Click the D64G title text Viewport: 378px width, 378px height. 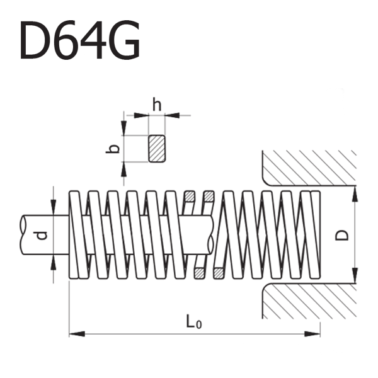pos(80,40)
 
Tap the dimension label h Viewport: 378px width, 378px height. pos(157,105)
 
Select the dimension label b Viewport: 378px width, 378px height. pos(113,149)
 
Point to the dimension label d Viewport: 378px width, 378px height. pos(42,236)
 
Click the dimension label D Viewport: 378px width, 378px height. pos(342,235)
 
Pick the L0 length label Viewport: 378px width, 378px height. pos(194,322)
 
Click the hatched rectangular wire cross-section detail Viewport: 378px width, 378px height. pos(157,149)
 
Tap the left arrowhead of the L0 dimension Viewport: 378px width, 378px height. pos(77,334)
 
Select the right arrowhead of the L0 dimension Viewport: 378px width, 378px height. pos(312,334)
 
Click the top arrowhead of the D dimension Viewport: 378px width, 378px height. pos(355,193)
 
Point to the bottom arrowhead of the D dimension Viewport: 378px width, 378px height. pos(355,275)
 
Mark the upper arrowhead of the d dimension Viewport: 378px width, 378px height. pos(54,207)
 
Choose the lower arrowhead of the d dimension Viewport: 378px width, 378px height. pos(54,262)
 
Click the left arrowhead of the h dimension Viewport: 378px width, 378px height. pos(141,115)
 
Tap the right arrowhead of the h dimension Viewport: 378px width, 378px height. pos(173,115)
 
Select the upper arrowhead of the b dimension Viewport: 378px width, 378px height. pos(123,127)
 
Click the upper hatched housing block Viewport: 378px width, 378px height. pos(309,168)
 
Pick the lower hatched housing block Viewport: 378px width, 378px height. pos(309,301)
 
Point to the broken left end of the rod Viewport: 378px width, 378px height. pos(21,235)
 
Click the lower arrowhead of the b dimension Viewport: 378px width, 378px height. pos(123,169)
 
